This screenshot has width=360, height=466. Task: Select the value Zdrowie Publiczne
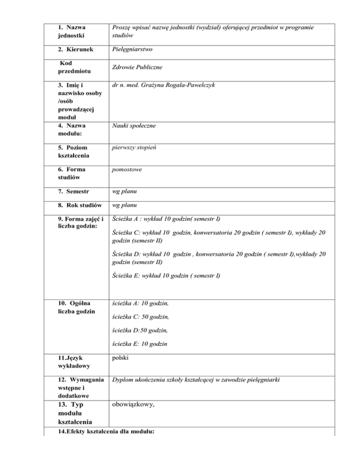click(138, 68)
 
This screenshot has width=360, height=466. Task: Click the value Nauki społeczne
click(135, 126)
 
